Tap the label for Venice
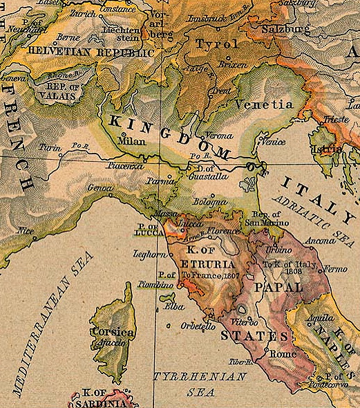click(272, 141)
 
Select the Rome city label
click(285, 353)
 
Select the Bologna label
click(209, 201)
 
